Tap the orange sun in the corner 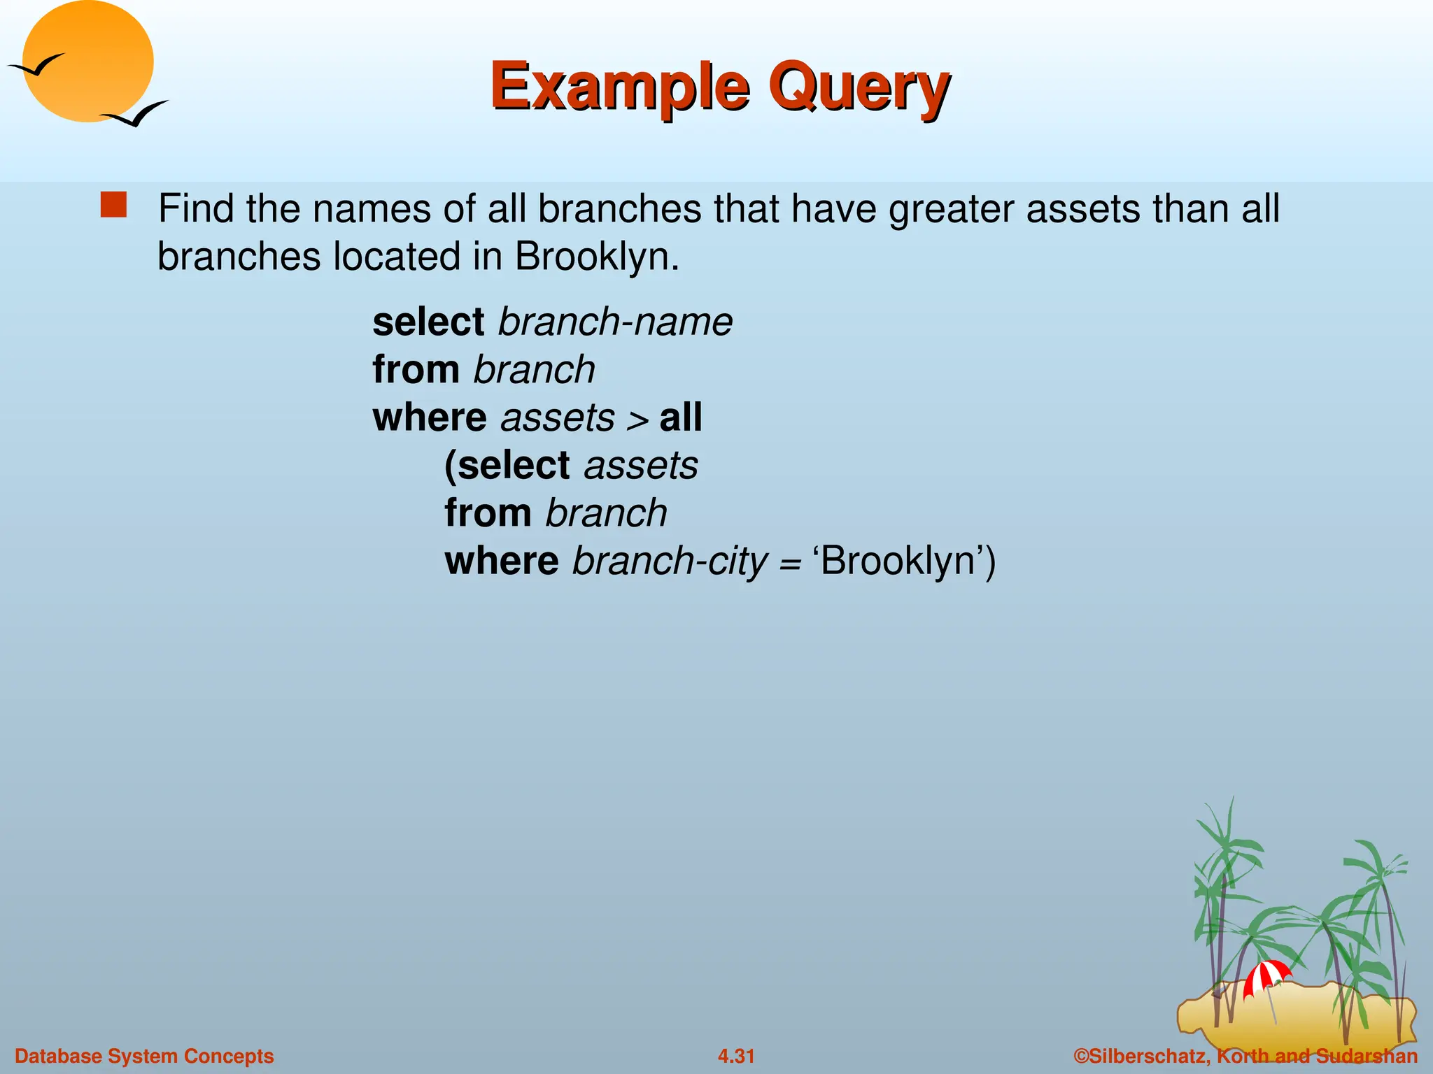pos(87,62)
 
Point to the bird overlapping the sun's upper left pos(36,65)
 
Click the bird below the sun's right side pos(135,114)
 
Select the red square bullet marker pos(113,206)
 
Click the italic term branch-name pos(615,322)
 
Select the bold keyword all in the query pos(680,417)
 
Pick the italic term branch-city pos(670,561)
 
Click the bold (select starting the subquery pos(507,466)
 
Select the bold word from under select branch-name pos(416,370)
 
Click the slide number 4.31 pos(736,1056)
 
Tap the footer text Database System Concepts pos(144,1056)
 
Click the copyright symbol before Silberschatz pos(1082,1056)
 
